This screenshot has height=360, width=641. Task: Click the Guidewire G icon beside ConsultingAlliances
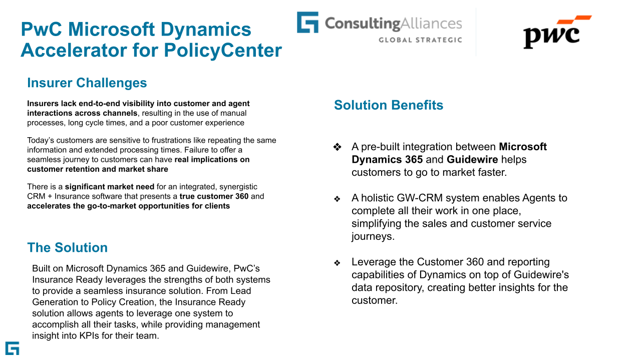coord(307,23)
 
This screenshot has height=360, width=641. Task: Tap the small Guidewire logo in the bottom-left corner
coord(12,348)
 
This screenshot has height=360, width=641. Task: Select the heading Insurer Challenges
coord(87,83)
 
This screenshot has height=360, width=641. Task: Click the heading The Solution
coord(68,248)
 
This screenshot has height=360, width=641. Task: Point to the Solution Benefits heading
coord(389,105)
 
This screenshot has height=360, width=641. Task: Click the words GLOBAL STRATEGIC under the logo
coord(420,40)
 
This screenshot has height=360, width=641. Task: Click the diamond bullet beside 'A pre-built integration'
coord(338,147)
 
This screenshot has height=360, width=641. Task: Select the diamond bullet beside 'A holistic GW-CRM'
coord(338,199)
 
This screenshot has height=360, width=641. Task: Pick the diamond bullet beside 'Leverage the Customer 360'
coord(338,263)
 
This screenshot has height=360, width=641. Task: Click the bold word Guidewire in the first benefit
coord(472,160)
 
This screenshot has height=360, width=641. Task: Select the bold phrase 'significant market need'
coord(110,187)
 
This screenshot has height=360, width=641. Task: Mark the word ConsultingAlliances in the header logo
coord(393,23)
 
